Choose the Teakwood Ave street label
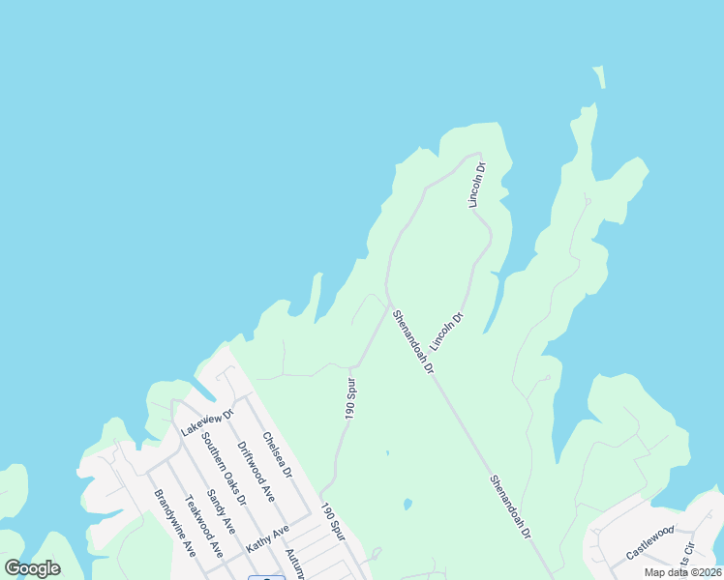[204, 527]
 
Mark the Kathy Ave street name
[267, 538]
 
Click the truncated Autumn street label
[294, 564]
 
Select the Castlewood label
[649, 542]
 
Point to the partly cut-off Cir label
[686, 555]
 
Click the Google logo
[32, 568]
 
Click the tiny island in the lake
[598, 77]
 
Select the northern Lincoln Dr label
[476, 184]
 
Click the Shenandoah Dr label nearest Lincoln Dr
[414, 342]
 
